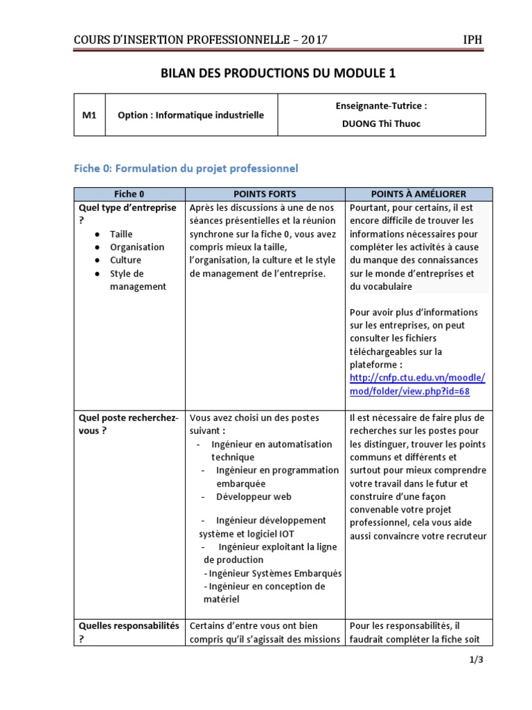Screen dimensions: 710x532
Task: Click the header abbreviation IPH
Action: [x=472, y=40]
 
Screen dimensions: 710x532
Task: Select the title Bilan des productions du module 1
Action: [x=280, y=73]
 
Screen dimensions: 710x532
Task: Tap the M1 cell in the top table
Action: [x=89, y=115]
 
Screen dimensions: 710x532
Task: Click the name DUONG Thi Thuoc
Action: [x=382, y=125]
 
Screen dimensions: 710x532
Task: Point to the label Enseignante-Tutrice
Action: [x=382, y=106]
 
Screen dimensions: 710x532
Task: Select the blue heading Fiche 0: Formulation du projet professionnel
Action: [x=186, y=168]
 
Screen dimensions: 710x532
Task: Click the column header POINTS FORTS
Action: [x=265, y=194]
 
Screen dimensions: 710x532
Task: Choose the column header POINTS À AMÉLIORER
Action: [x=418, y=194]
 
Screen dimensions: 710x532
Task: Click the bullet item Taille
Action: [x=121, y=234]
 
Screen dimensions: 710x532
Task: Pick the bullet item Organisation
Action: [x=137, y=247]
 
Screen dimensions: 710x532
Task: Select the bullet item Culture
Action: [x=125, y=260]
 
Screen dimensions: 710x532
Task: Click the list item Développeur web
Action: [x=254, y=496]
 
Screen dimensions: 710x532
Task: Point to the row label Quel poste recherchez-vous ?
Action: [x=128, y=424]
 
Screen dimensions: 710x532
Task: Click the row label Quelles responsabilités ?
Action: [x=128, y=632]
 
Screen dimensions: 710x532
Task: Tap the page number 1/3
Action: [x=475, y=659]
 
